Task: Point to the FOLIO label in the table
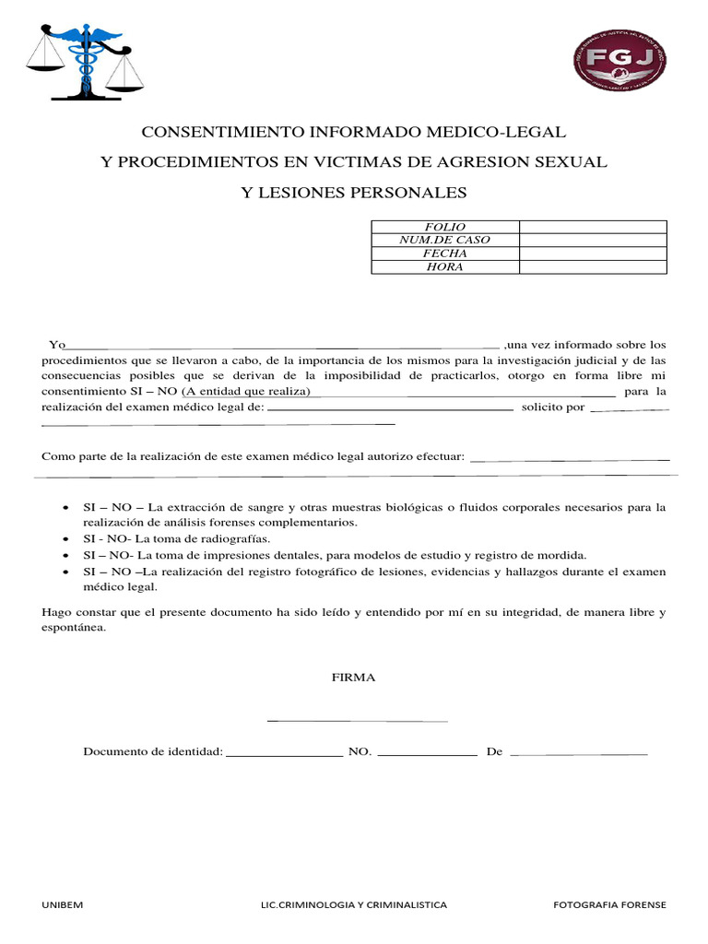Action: [444, 227]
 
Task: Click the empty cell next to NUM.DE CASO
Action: [592, 240]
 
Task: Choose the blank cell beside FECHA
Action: [592, 254]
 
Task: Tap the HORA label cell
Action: [444, 267]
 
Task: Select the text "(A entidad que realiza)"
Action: [246, 392]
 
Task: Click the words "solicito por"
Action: [552, 407]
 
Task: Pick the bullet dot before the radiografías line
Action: [65, 539]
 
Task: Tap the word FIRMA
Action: [354, 678]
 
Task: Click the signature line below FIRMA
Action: [357, 720]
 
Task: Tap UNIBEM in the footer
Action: [63, 905]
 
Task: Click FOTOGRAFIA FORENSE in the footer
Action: [609, 905]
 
